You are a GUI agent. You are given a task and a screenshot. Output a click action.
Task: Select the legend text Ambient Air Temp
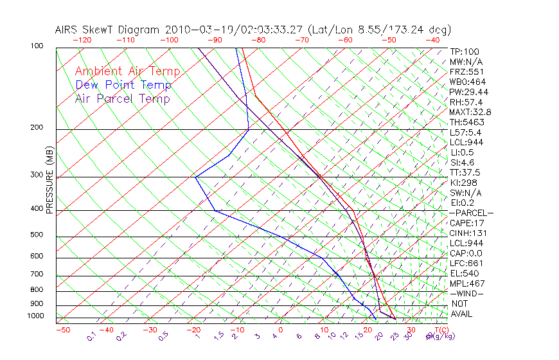click(x=127, y=71)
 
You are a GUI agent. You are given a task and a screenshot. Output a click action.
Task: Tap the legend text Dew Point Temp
click(x=123, y=85)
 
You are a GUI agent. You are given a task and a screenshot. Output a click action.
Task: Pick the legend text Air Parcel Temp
click(x=122, y=98)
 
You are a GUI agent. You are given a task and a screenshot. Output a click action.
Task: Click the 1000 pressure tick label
click(x=36, y=316)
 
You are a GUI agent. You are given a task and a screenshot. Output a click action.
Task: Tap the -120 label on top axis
click(x=81, y=40)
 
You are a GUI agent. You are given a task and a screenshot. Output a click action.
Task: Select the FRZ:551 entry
click(x=467, y=71)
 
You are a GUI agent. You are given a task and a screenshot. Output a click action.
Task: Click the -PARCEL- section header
click(x=472, y=213)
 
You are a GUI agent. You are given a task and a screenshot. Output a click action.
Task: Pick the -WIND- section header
click(x=467, y=293)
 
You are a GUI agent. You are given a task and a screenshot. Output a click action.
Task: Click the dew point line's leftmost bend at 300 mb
click(x=195, y=176)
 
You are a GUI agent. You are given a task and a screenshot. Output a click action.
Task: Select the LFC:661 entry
click(x=466, y=263)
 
